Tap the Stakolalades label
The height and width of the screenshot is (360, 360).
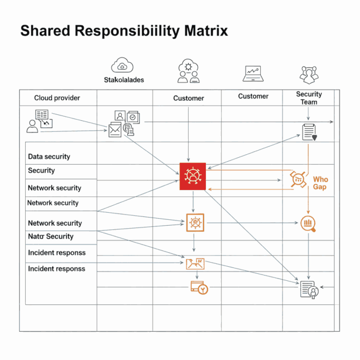point(124,80)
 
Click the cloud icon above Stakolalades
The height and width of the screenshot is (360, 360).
point(122,65)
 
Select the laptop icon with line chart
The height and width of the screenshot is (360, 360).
point(253,74)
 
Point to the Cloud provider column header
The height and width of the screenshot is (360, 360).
point(57,98)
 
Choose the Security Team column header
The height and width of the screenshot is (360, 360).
point(309,98)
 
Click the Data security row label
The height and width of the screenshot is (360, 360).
point(49,157)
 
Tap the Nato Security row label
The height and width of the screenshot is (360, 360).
point(50,236)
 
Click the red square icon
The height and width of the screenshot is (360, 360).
point(193,176)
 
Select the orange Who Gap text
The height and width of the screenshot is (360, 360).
point(321,183)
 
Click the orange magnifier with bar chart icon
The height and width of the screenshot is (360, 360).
point(308,223)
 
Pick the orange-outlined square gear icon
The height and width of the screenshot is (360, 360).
point(195,222)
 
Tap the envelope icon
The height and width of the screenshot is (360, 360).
point(115,130)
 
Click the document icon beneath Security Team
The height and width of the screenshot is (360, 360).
point(309,133)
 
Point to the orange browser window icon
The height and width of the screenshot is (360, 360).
point(199,288)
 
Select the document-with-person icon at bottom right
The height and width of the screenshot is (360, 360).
point(309,290)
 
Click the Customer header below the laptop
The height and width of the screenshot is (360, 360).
point(253,96)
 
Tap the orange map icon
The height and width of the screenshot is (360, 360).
point(195,264)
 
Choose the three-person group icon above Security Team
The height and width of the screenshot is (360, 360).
point(309,74)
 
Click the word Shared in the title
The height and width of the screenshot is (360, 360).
point(45,30)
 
